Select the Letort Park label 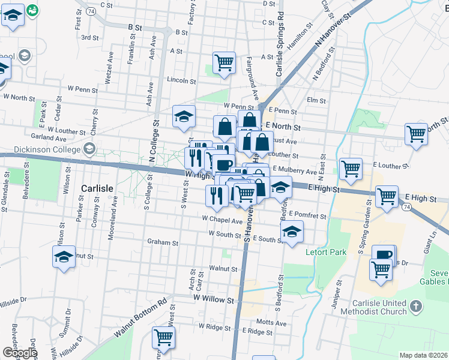326,252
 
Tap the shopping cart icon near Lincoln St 224,62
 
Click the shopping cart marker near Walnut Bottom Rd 163,337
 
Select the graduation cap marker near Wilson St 64,257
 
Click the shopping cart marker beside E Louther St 351,168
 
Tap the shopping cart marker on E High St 387,196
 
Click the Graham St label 163,243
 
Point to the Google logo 19,353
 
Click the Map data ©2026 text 423,355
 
